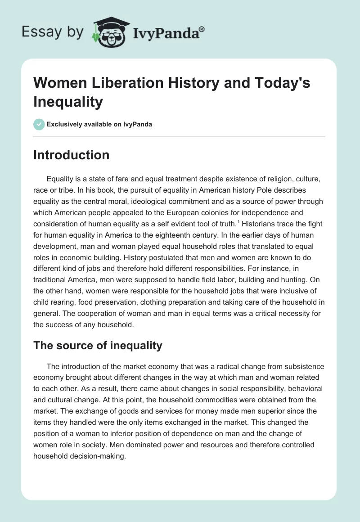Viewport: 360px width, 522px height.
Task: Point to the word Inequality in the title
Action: [68, 102]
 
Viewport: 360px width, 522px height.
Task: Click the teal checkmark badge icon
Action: [39, 124]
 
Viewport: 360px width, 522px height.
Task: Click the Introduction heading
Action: [71, 155]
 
